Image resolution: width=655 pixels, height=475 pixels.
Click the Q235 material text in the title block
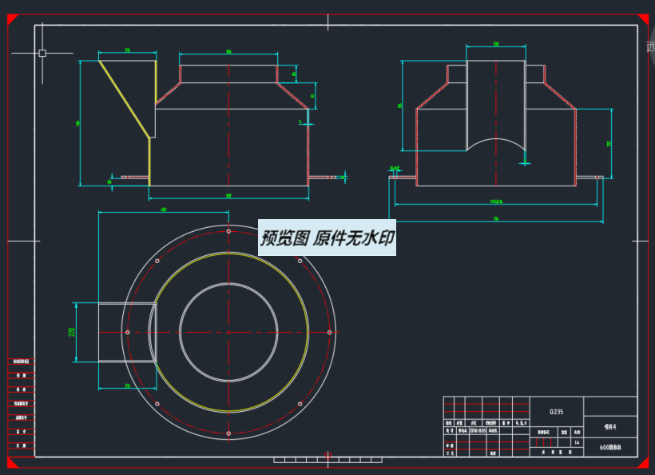point(556,412)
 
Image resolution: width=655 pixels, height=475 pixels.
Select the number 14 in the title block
point(577,442)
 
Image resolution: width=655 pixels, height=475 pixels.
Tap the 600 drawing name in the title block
point(611,448)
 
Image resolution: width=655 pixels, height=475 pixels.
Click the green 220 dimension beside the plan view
point(71,332)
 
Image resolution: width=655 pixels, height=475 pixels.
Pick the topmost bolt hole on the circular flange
point(228,231)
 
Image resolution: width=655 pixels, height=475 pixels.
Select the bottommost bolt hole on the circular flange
point(228,433)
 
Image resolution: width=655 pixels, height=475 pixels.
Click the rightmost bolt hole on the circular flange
point(330,332)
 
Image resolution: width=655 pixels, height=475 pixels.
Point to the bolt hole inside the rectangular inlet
point(128,332)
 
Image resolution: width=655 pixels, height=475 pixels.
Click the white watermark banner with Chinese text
point(327,238)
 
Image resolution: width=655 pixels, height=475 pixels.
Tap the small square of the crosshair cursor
point(42,54)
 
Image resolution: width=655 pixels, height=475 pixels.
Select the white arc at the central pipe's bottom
point(495,142)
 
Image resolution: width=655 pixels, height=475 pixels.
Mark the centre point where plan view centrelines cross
point(228,332)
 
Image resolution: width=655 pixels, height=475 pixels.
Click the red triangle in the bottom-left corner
point(12,461)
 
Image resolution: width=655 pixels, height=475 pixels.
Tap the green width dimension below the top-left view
point(228,195)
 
